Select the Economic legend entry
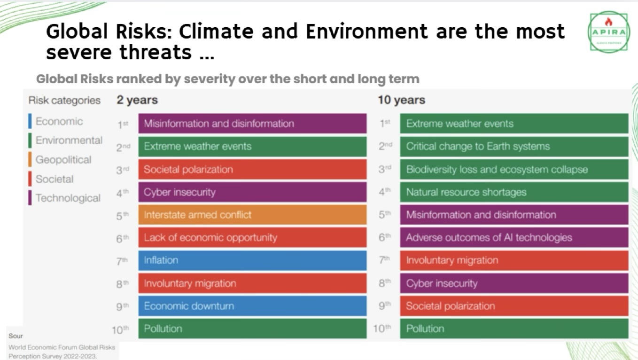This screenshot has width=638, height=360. click(x=59, y=121)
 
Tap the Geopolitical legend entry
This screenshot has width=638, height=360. click(x=63, y=160)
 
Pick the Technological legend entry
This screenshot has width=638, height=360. click(x=68, y=198)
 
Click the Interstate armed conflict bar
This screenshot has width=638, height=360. click(x=252, y=215)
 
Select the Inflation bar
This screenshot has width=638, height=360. click(x=252, y=260)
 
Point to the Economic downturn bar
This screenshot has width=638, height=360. click(x=252, y=306)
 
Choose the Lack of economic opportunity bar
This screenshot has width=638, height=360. click(x=252, y=238)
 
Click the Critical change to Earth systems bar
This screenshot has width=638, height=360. click(x=514, y=146)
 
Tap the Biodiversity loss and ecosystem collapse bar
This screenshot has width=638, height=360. click(x=514, y=169)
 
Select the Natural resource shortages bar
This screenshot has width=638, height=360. click(x=514, y=192)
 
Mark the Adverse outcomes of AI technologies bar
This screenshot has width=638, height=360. click(x=514, y=238)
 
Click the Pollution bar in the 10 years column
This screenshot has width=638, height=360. click(x=514, y=329)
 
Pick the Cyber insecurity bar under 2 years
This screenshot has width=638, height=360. click(x=252, y=192)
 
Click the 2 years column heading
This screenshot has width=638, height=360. click(x=137, y=100)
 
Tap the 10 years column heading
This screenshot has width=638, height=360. click(x=401, y=100)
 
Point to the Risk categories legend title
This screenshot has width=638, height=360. click(x=64, y=100)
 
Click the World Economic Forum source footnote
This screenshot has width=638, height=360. click(x=61, y=351)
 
